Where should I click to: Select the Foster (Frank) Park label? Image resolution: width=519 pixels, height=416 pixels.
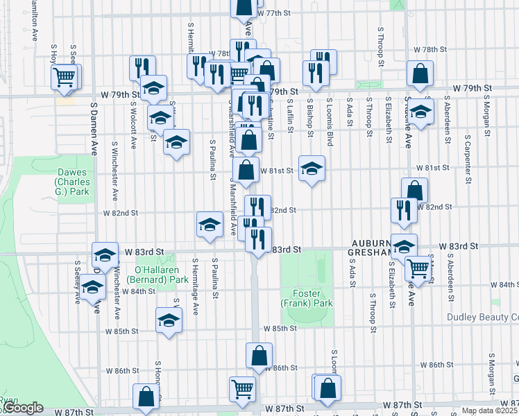[x=306, y=298]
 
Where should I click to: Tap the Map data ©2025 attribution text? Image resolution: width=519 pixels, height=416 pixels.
[x=488, y=410]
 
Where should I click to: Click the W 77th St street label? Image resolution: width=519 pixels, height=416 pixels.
[x=271, y=13]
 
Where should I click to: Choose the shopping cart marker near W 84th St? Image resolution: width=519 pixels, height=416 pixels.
[x=416, y=268]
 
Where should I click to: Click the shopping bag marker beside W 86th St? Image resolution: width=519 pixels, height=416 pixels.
[x=259, y=355]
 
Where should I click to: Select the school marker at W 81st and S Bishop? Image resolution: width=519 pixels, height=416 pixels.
[x=312, y=168]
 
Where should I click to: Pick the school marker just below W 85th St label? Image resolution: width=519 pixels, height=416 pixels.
[x=168, y=320]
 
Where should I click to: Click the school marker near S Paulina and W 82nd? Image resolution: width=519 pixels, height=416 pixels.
[x=210, y=224]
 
